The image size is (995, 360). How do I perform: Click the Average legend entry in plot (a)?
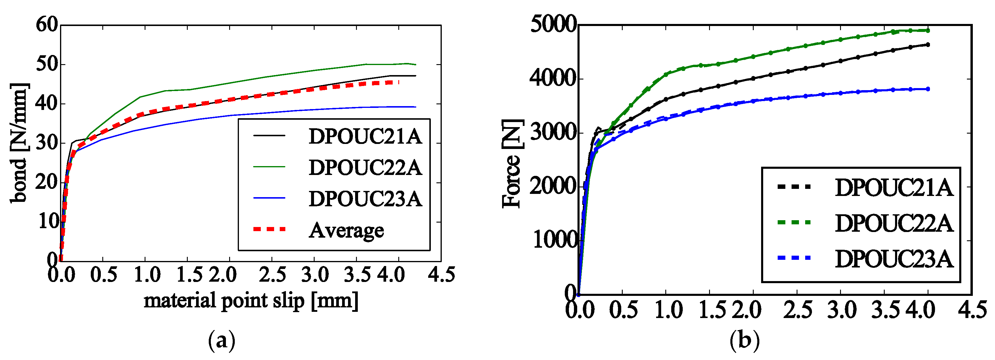coord(346,231)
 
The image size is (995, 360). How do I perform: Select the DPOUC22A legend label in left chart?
coord(365,168)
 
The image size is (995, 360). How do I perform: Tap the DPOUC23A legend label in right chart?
coord(893,259)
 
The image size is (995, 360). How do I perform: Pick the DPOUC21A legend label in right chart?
coord(893,188)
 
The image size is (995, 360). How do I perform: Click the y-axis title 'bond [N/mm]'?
coord(19,143)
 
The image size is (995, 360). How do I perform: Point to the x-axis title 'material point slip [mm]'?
coord(251,301)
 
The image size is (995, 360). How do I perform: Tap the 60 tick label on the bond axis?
coord(46,25)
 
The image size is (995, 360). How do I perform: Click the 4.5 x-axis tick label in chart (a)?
coord(441,275)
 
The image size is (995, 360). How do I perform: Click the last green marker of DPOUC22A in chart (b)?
coord(928,30)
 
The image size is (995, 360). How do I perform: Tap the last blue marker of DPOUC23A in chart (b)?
coord(928,89)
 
